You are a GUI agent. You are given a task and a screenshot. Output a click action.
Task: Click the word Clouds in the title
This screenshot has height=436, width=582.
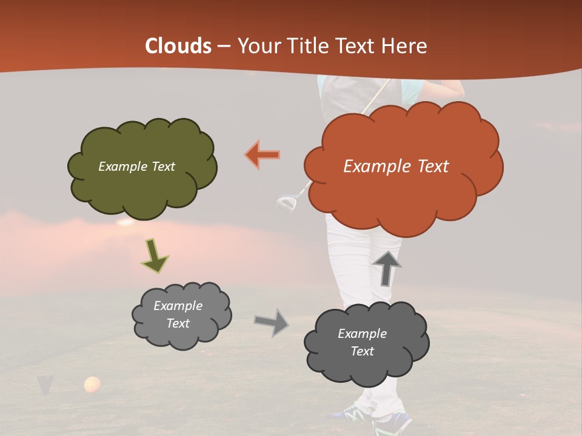coord(178,46)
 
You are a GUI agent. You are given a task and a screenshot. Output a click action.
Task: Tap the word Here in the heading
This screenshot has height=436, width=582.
coord(405,46)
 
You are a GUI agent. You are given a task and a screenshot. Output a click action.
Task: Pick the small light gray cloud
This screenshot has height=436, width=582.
coord(181,314)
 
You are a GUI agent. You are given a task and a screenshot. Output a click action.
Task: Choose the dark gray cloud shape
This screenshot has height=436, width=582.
coord(366,343)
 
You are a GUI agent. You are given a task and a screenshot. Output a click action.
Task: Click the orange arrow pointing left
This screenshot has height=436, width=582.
coord(263,154)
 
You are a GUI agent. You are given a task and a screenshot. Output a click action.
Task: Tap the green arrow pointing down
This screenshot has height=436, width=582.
coord(154,256)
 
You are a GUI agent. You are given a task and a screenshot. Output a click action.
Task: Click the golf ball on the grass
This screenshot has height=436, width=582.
coord(92,384)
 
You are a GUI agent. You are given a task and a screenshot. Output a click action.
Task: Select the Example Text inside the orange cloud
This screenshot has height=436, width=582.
coord(396,167)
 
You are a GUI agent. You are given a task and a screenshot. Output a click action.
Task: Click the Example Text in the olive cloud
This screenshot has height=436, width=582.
coord(136,167)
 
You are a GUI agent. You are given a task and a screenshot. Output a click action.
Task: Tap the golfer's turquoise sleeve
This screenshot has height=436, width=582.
coord(412,91)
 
